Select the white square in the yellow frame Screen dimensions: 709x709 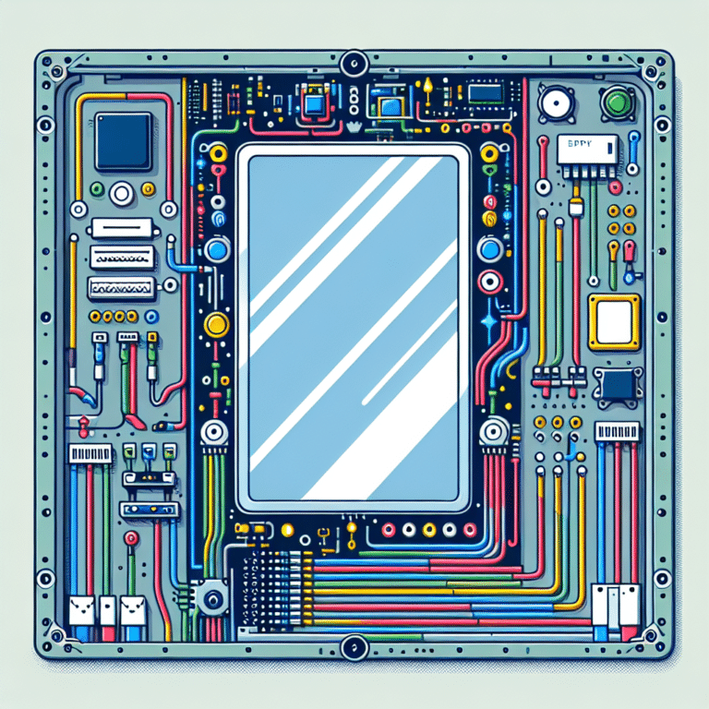click(x=614, y=322)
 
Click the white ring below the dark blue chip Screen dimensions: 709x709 click(x=122, y=194)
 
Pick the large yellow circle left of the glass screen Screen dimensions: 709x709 click(x=216, y=323)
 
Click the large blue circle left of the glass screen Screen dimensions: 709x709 click(x=216, y=249)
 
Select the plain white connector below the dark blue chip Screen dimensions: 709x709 click(x=120, y=228)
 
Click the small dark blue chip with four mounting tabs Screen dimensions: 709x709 click(x=616, y=385)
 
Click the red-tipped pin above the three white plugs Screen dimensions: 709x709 click(x=131, y=538)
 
